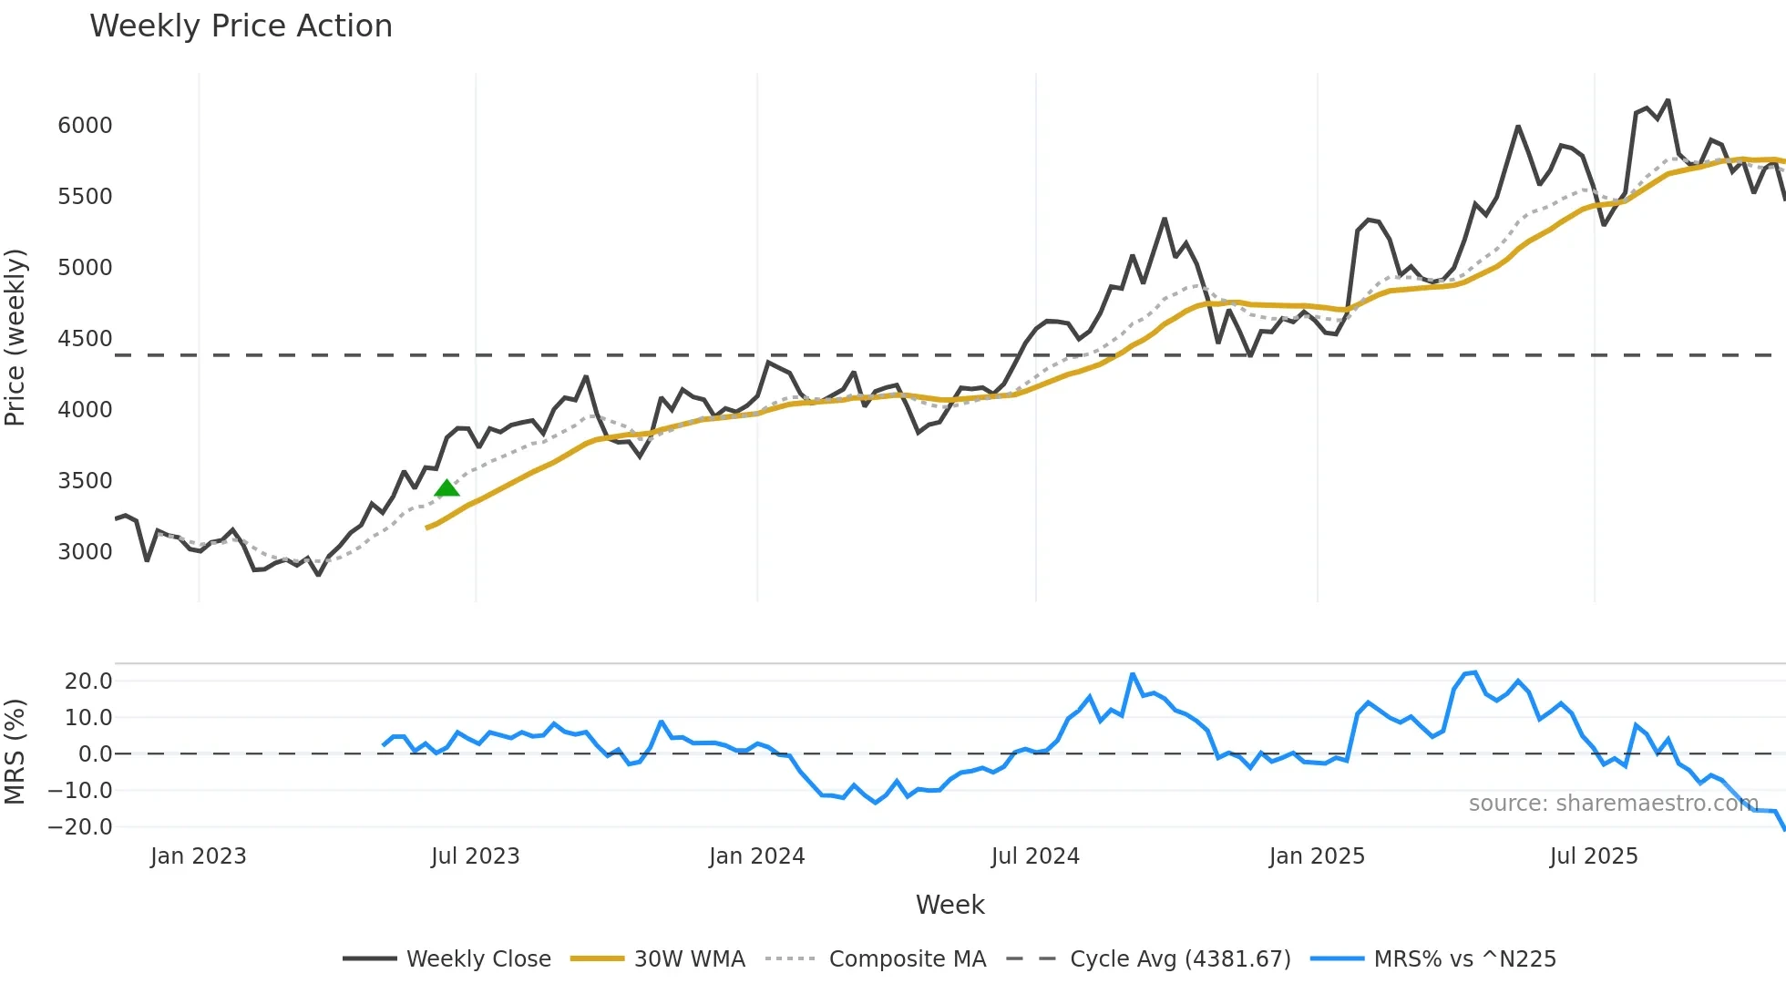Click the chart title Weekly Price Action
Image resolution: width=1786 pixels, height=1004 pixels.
click(241, 26)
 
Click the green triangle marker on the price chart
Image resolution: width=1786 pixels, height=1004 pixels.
click(446, 489)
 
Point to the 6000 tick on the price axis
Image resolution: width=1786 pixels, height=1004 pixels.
click(85, 126)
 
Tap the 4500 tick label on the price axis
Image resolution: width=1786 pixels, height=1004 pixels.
click(85, 339)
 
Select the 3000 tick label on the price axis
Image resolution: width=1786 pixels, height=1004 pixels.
click(85, 552)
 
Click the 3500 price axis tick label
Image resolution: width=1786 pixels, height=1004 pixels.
click(85, 481)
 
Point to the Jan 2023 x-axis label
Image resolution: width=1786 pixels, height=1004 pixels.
click(198, 856)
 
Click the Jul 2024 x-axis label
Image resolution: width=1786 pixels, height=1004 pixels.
click(1035, 856)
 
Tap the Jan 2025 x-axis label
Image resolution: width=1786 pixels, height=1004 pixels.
click(1317, 856)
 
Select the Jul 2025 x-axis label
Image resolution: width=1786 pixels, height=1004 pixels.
click(1594, 856)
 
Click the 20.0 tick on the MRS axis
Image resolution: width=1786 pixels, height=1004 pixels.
click(88, 681)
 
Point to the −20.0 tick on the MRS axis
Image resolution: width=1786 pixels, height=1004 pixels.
click(80, 827)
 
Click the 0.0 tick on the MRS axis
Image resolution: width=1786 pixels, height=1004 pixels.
click(95, 754)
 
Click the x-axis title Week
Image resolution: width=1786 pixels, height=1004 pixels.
click(949, 905)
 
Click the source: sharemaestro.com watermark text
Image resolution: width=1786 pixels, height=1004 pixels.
click(1613, 804)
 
